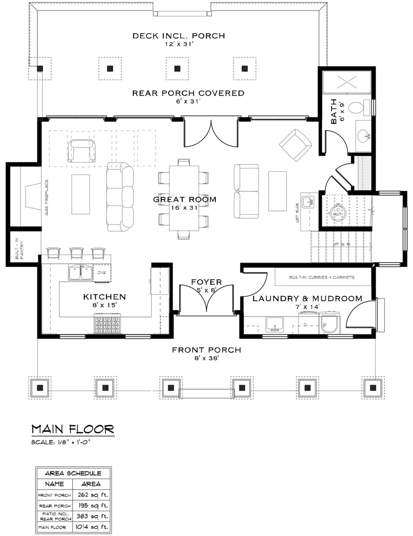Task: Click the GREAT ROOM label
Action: (185, 199)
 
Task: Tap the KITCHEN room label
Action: (104, 297)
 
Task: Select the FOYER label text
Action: (206, 282)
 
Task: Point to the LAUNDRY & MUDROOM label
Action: (307, 298)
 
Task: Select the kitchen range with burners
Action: (107, 325)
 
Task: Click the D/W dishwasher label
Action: (101, 273)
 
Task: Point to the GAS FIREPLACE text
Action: (47, 197)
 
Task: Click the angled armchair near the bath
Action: (296, 144)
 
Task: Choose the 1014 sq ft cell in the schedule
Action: (91, 527)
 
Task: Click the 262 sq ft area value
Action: (91, 495)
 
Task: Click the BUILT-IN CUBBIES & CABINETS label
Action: (322, 277)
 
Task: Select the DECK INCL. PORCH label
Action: (179, 36)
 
